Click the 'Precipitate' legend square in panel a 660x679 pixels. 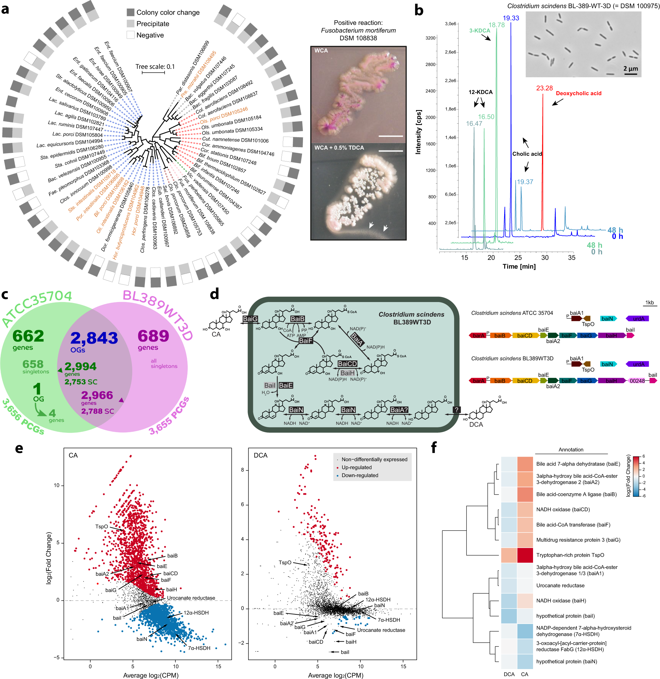click(x=130, y=24)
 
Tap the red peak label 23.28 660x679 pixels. click(x=544, y=88)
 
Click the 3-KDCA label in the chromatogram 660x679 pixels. click(x=480, y=31)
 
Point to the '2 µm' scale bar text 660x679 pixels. click(x=630, y=69)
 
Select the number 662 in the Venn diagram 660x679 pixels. click(x=28, y=336)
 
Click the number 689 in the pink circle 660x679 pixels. click(x=153, y=336)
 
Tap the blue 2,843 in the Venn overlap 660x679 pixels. click(x=94, y=338)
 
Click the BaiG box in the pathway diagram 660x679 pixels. click(x=250, y=319)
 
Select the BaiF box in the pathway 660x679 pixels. click(x=305, y=341)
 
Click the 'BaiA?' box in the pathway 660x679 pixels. click(x=399, y=410)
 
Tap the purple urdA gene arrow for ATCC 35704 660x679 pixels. click(x=637, y=319)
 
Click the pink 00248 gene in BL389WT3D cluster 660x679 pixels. click(x=637, y=381)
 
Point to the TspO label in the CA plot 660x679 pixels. click(x=101, y=526)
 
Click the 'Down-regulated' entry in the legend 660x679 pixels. click(x=359, y=475)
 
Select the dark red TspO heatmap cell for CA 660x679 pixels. click(x=524, y=555)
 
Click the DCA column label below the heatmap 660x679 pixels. click(x=509, y=674)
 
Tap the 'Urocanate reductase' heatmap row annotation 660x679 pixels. click(x=560, y=586)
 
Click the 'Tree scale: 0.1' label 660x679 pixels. click(x=155, y=67)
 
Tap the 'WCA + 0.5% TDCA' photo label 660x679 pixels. click(x=339, y=148)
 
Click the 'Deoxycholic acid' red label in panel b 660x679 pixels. click(x=578, y=93)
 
